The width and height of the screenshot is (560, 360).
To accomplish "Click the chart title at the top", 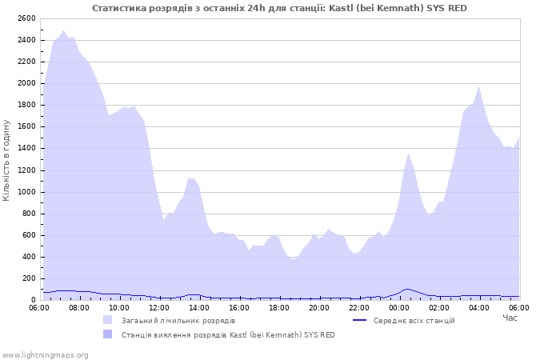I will (279, 8).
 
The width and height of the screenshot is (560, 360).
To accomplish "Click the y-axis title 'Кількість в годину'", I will (7, 160).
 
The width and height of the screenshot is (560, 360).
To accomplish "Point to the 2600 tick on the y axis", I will (26, 18).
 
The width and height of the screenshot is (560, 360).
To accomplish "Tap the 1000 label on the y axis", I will (26, 192).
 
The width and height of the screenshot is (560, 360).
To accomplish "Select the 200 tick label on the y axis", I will (28, 278).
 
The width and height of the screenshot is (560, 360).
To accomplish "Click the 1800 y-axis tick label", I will (26, 105).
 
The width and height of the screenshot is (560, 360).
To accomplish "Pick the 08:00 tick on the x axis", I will (79, 307).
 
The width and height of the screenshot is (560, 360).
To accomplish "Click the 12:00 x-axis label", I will (159, 307).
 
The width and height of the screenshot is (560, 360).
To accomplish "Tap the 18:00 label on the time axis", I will (279, 307).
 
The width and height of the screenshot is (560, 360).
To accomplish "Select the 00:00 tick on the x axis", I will (399, 307).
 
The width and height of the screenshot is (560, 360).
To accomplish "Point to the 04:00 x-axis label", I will (479, 307).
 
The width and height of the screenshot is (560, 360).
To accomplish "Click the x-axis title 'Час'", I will (510, 318).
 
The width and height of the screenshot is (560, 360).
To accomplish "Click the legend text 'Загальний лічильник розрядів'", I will (178, 321).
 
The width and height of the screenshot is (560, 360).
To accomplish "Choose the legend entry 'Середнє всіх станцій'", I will (414, 321).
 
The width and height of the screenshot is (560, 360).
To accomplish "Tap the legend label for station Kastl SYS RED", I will (228, 335).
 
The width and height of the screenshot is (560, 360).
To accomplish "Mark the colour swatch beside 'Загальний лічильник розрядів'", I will (108, 320).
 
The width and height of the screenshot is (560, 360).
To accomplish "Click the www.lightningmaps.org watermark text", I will (45, 354).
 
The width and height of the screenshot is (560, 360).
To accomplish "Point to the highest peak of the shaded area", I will (63, 31).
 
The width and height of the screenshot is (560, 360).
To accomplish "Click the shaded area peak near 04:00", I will (478, 87).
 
